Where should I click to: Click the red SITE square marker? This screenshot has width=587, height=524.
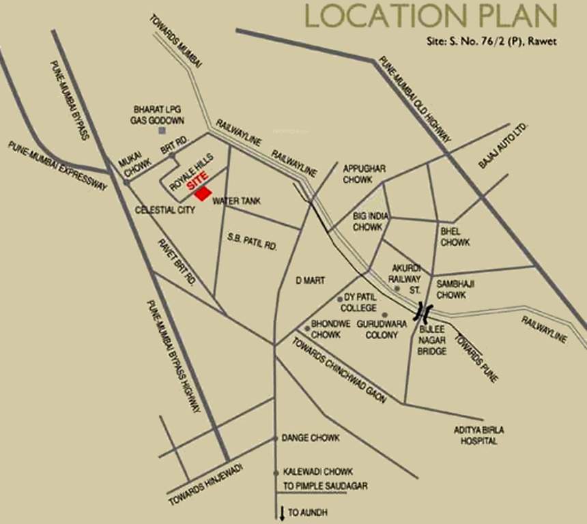click(203, 193)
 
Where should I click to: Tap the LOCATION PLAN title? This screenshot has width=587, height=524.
click(430, 16)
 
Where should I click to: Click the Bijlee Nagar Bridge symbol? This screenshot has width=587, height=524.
click(425, 313)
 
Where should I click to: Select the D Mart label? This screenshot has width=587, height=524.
click(310, 280)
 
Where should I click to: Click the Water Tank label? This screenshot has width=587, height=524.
click(237, 201)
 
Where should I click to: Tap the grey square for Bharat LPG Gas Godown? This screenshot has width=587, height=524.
click(162, 130)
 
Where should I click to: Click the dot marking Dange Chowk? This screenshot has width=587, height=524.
click(275, 438)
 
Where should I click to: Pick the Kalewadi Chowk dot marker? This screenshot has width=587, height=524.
click(275, 472)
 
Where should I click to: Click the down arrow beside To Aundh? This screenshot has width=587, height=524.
click(281, 512)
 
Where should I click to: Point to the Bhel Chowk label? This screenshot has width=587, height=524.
click(455, 237)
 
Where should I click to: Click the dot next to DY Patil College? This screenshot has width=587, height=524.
click(340, 300)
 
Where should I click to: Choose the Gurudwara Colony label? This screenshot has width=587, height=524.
click(382, 330)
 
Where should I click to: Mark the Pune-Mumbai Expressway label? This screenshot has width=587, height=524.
click(57, 166)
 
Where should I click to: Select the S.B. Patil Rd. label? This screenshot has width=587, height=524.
click(252, 241)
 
